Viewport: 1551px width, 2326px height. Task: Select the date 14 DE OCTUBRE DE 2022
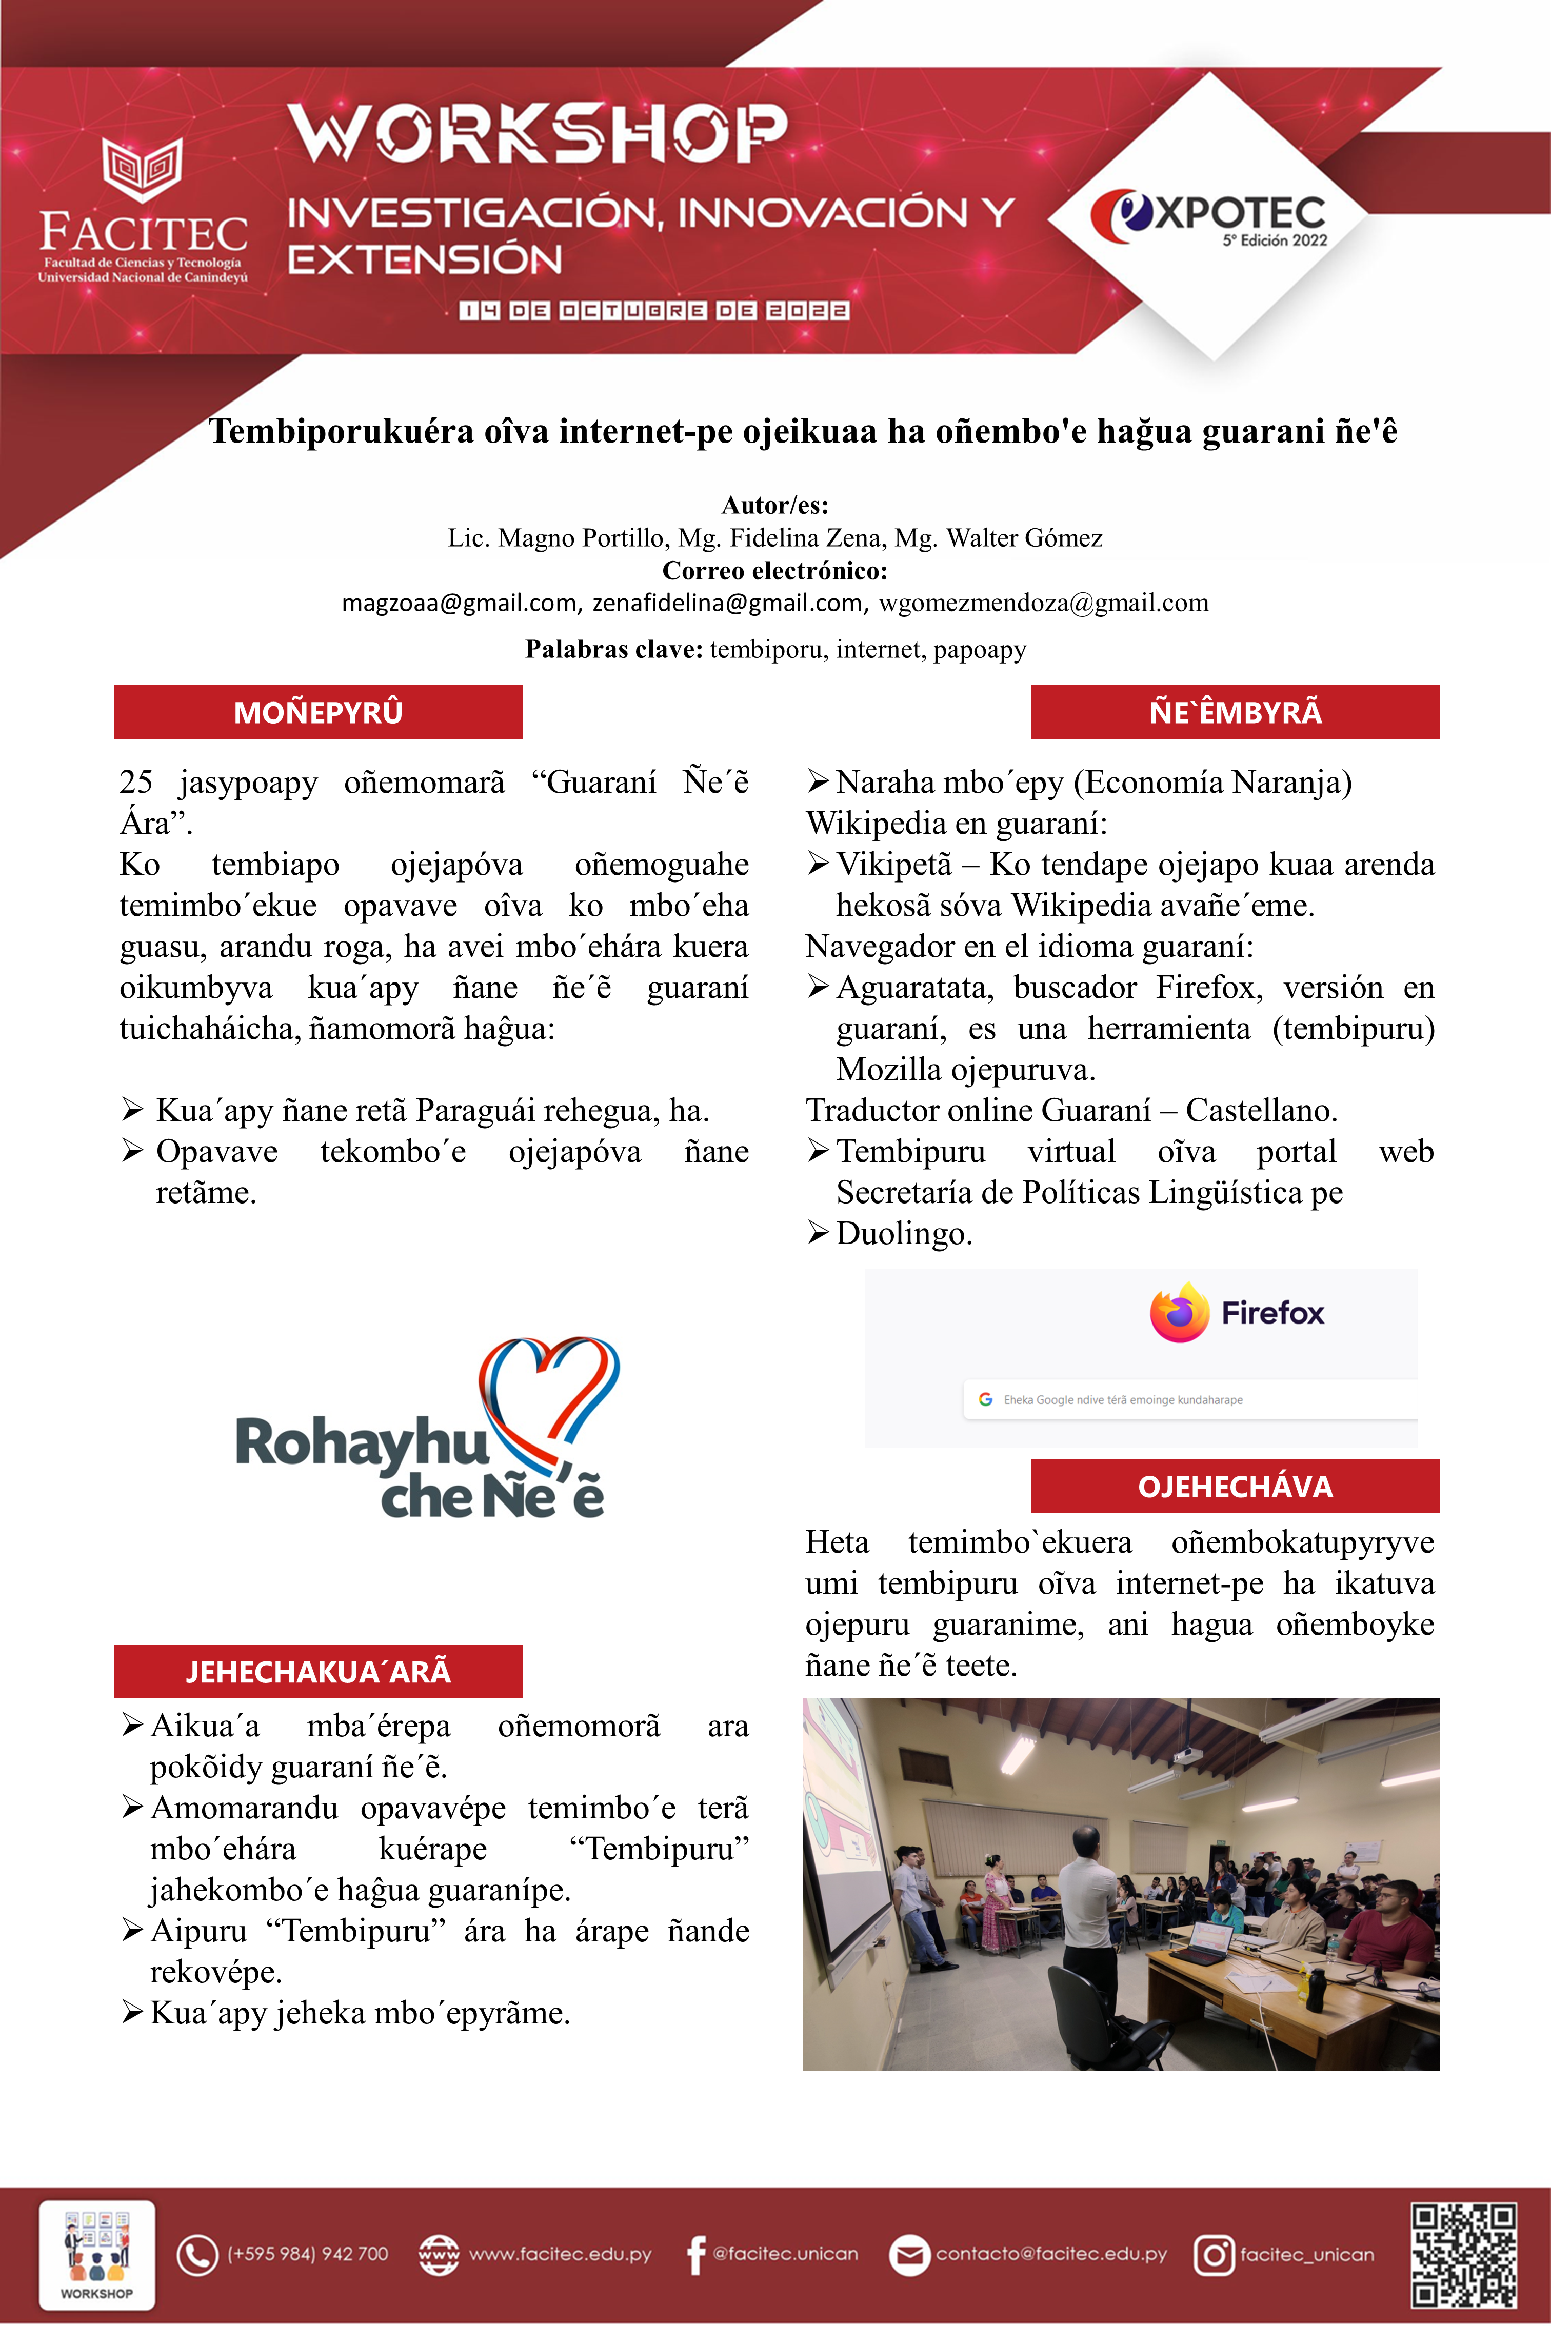point(654,311)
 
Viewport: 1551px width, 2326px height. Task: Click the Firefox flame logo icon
point(1179,1312)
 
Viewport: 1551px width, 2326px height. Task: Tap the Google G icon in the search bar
point(985,1399)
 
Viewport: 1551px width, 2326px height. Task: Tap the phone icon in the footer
point(197,2255)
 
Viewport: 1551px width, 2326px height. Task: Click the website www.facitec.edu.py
point(560,2255)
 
